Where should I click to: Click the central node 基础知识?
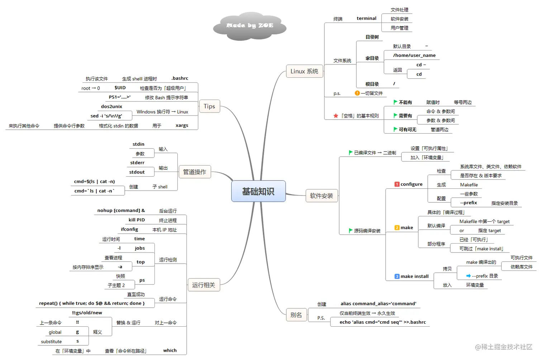pyautogui.click(x=258, y=191)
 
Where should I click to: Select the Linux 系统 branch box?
pyautogui.click(x=304, y=71)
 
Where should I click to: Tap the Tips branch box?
pyautogui.click(x=209, y=106)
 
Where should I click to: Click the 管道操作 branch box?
pyautogui.click(x=195, y=172)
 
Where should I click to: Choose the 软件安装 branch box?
pyautogui.click(x=321, y=196)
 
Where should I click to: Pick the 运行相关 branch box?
pyautogui.click(x=204, y=285)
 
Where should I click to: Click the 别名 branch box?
pyautogui.click(x=296, y=315)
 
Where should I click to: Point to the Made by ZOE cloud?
pyautogui.click(x=250, y=26)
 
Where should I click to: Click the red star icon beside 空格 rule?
pyautogui.click(x=336, y=116)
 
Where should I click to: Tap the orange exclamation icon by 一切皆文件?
pyautogui.click(x=357, y=93)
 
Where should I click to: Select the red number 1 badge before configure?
pyautogui.click(x=397, y=184)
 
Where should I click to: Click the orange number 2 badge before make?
pyautogui.click(x=397, y=228)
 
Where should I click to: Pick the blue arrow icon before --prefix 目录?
pyautogui.click(x=468, y=276)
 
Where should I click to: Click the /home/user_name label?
pyautogui.click(x=414, y=56)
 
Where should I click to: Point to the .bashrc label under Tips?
pyautogui.click(x=180, y=78)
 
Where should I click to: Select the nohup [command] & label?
pyautogui.click(x=121, y=211)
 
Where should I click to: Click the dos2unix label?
pyautogui.click(x=111, y=107)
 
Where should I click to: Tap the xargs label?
pyautogui.click(x=182, y=126)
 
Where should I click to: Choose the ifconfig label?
pyautogui.click(x=129, y=230)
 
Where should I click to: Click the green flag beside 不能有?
pyautogui.click(x=395, y=102)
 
